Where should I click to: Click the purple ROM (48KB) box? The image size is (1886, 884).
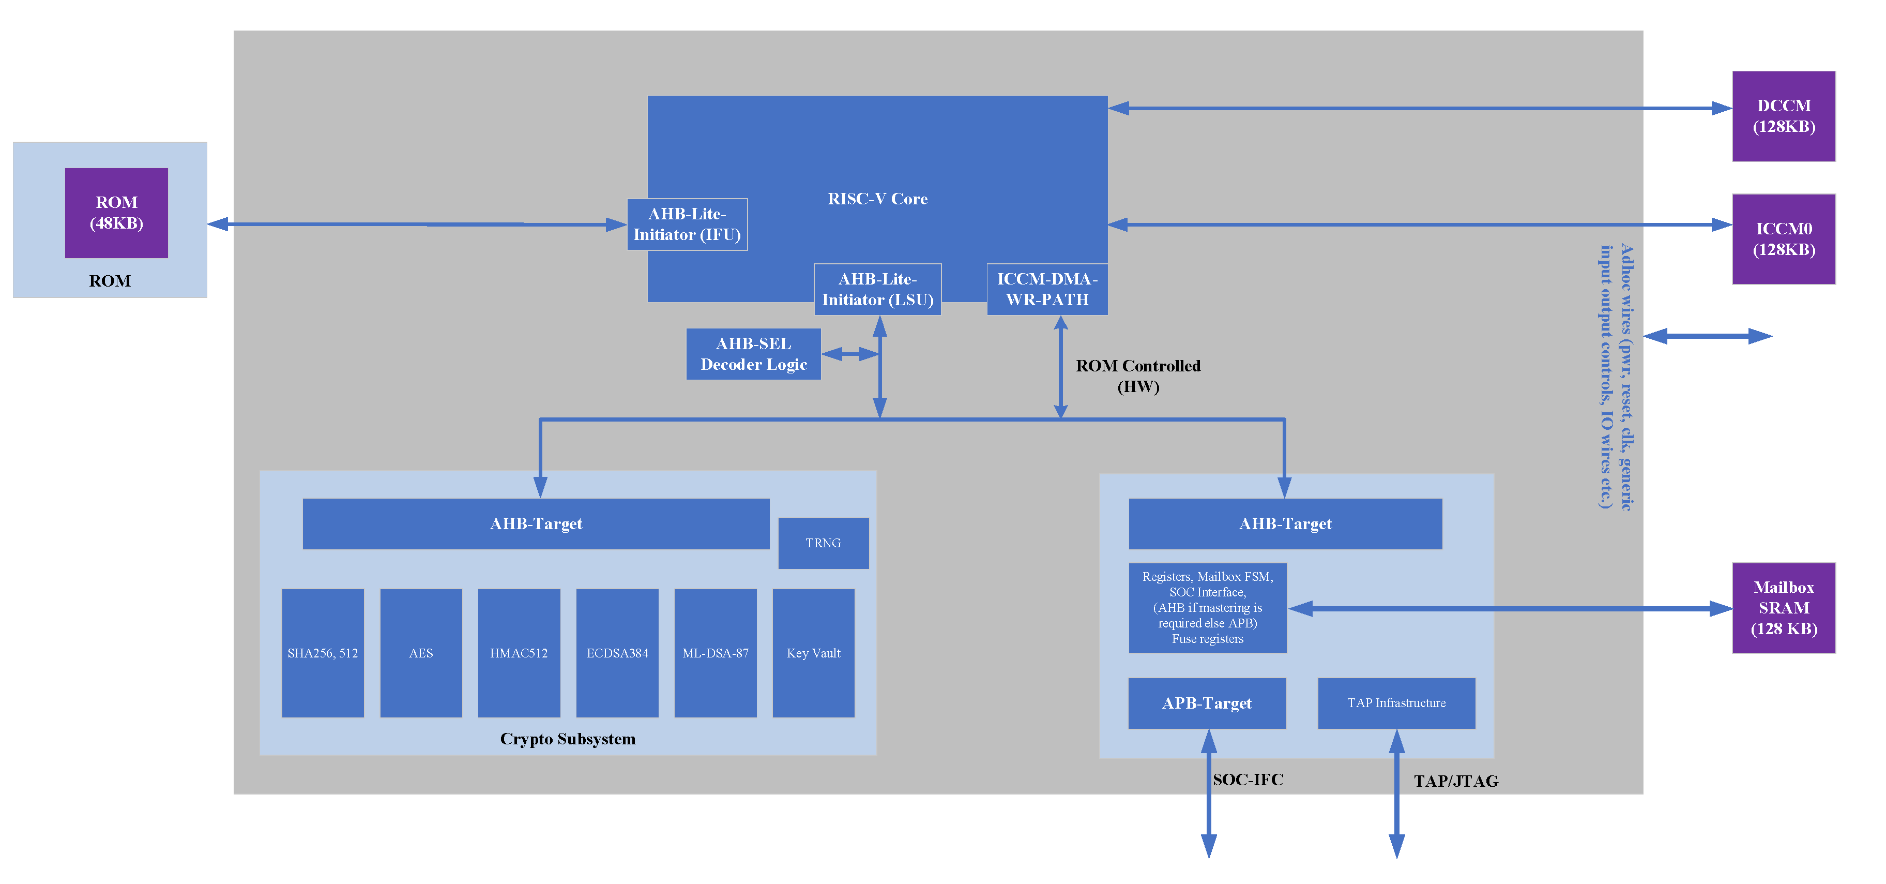point(116,213)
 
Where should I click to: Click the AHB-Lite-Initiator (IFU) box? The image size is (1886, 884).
point(687,224)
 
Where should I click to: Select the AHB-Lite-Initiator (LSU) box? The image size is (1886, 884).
point(877,289)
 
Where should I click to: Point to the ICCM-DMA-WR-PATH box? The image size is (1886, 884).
point(1046,289)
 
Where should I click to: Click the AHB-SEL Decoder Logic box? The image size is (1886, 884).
point(753,354)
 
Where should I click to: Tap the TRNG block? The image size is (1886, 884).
point(823,543)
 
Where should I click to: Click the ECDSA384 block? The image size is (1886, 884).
point(617,653)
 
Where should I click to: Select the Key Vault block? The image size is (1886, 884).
point(813,653)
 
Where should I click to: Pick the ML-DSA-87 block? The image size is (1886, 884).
point(716,653)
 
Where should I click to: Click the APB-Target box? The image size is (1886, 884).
point(1207,703)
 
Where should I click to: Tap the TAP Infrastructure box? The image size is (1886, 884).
point(1396,703)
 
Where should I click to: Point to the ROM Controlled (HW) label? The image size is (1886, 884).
point(1138,376)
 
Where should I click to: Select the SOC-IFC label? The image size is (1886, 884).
point(1248,780)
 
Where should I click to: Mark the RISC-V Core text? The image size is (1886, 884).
point(877,199)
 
